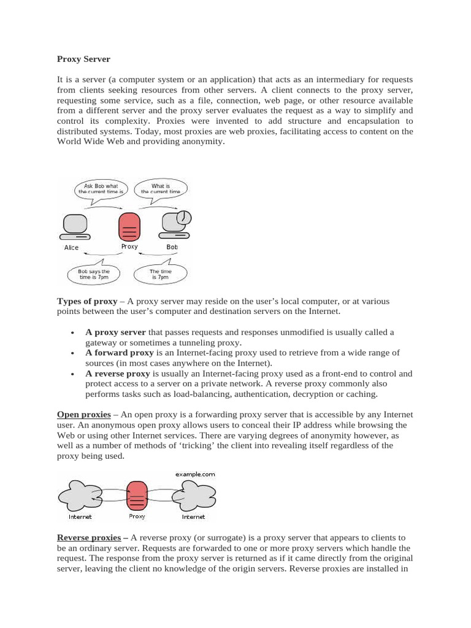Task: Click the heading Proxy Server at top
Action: pos(83,59)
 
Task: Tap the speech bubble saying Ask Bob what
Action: pos(101,189)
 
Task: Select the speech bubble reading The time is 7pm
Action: pos(161,274)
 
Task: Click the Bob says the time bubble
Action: pos(94,274)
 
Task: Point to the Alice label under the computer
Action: pos(72,248)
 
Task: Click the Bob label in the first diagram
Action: pos(172,247)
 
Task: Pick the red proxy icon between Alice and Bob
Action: pos(129,228)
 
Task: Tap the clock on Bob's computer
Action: pos(183,216)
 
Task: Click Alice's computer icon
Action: pos(75,227)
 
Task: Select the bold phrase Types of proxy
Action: pos(86,302)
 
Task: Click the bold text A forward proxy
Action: pos(119,353)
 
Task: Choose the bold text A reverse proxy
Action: pos(117,373)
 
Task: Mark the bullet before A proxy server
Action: pos(72,332)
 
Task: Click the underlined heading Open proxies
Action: pos(83,415)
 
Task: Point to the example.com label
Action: pos(195,474)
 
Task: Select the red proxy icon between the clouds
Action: pos(137,496)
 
